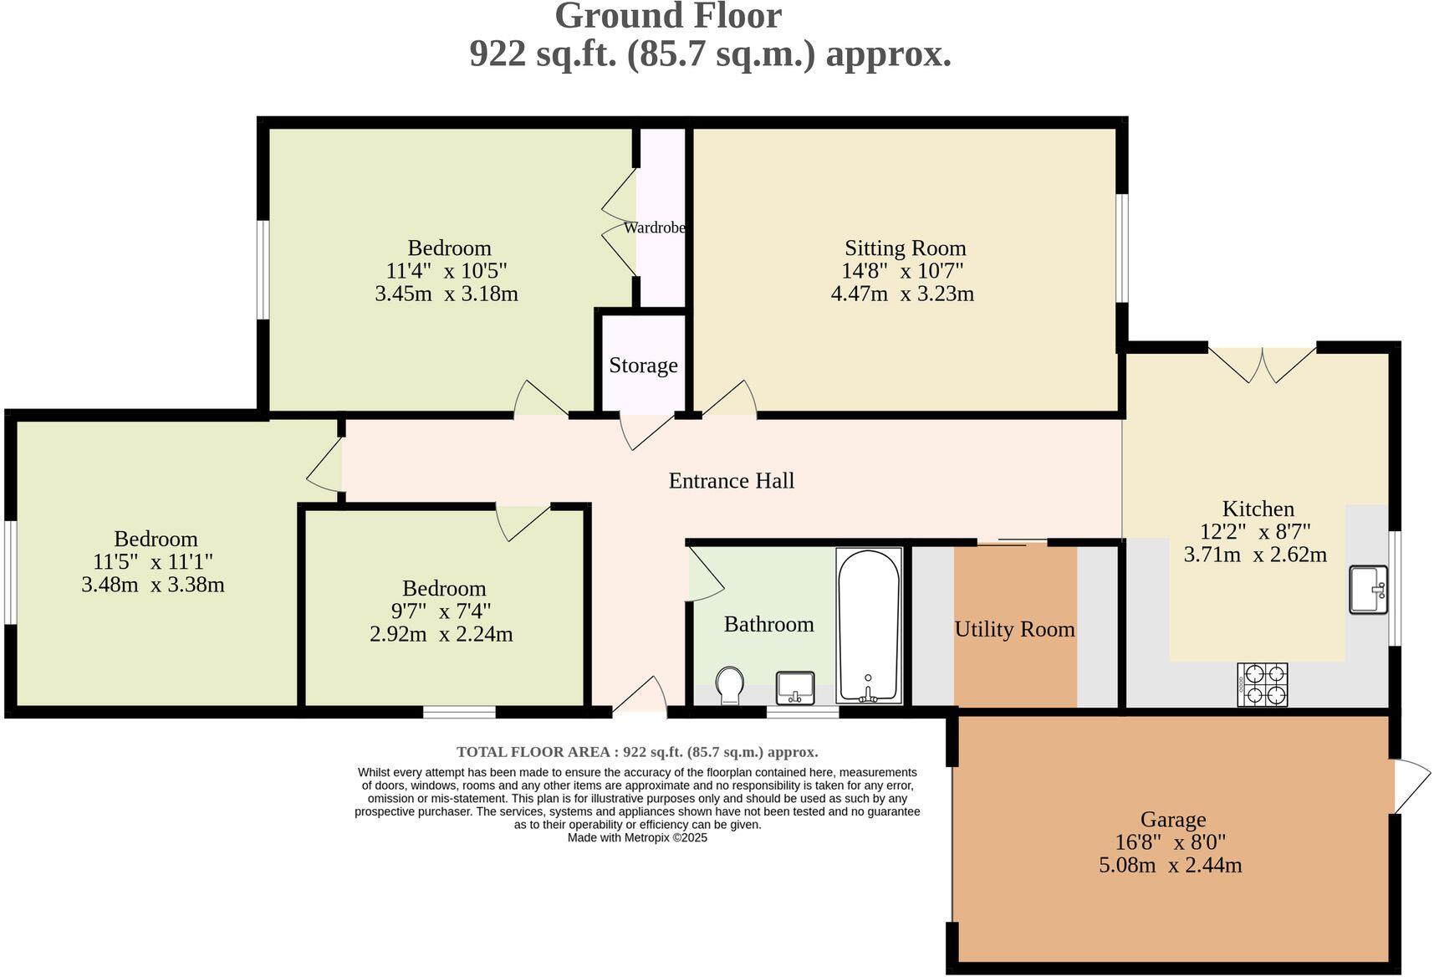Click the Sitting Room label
(x=905, y=248)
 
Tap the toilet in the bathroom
(x=730, y=685)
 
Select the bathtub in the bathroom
(x=869, y=626)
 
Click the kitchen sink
(x=1368, y=590)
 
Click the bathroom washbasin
(x=795, y=688)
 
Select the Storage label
(x=643, y=366)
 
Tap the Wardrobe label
(x=655, y=228)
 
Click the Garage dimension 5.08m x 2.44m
(x=1170, y=865)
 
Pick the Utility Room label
(x=1014, y=629)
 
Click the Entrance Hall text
(x=731, y=481)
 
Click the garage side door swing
(x=1411, y=785)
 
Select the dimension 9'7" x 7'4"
(x=443, y=611)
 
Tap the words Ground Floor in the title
(x=668, y=16)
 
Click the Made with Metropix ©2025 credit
(x=637, y=837)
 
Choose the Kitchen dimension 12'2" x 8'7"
(x=1254, y=531)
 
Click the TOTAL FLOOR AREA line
(x=637, y=752)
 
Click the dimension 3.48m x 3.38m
(x=153, y=585)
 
